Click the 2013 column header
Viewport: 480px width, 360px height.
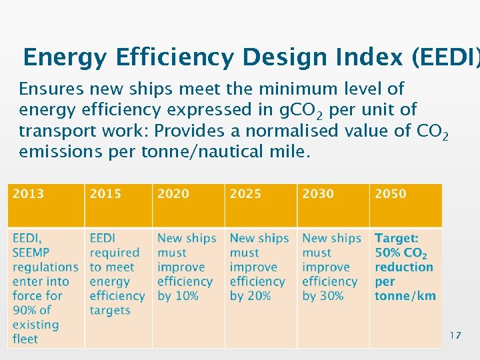pyautogui.click(x=28, y=194)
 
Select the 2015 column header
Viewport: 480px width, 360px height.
pyautogui.click(x=105, y=194)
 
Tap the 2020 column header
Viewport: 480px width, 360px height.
pyautogui.click(x=173, y=194)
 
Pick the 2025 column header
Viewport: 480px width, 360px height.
pyautogui.click(x=246, y=194)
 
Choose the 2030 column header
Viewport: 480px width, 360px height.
pyautogui.click(x=318, y=194)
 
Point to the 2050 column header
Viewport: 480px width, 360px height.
pyautogui.click(x=390, y=194)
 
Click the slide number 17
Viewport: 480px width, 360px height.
pyautogui.click(x=455, y=335)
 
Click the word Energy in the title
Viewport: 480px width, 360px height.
pyautogui.click(x=64, y=59)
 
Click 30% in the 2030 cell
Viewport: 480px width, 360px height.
pyautogui.click(x=331, y=296)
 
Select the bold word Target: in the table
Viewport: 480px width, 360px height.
pyautogui.click(x=397, y=238)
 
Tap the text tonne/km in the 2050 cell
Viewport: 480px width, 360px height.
pyautogui.click(x=405, y=296)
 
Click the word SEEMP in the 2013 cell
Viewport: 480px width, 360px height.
pyautogui.click(x=32, y=253)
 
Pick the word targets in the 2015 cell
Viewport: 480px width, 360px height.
pyautogui.click(x=110, y=311)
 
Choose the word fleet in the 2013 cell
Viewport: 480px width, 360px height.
pyautogui.click(x=25, y=339)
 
